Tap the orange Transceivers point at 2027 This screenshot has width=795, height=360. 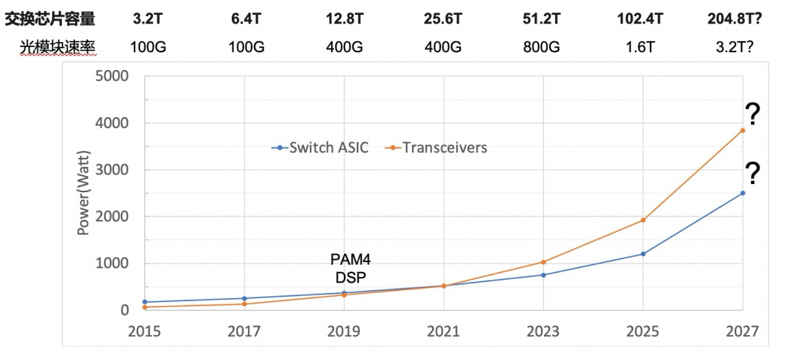(x=743, y=130)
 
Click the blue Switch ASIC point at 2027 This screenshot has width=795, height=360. (x=743, y=193)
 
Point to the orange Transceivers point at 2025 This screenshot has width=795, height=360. (x=643, y=220)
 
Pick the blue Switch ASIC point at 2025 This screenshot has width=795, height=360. (x=643, y=254)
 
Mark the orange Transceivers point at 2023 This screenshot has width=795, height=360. (x=543, y=261)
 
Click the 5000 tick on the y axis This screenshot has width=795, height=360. (x=113, y=76)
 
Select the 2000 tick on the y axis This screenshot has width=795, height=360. (x=113, y=216)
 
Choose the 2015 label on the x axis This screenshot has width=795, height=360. (x=144, y=331)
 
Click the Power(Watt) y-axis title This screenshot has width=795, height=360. (x=84, y=193)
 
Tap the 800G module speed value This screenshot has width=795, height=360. (x=543, y=46)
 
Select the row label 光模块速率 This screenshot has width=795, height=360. (x=57, y=46)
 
